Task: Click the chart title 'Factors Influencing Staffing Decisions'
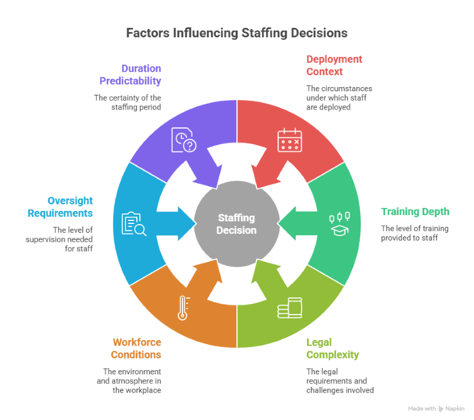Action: pos(237,33)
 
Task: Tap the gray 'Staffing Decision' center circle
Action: pos(236,225)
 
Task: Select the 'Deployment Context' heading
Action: pos(334,65)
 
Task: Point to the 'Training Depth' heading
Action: pos(415,211)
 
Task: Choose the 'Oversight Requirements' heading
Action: pos(59,207)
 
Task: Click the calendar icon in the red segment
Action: pos(289,140)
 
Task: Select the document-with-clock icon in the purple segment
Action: pos(184,140)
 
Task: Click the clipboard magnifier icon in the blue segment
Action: pos(134,223)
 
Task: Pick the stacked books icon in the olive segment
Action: pos(290,308)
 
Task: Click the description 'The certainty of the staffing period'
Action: pos(127,102)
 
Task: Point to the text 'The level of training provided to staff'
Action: pos(414,233)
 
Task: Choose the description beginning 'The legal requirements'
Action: pos(340,380)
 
